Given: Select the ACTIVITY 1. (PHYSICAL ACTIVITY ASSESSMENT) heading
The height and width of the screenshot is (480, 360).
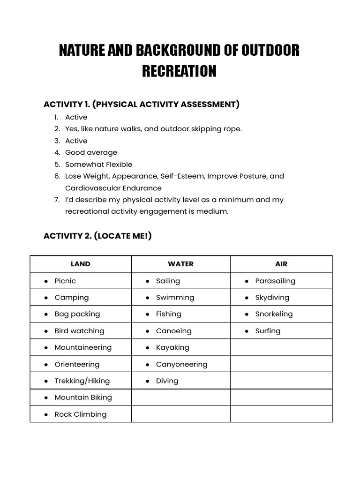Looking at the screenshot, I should pos(141,104).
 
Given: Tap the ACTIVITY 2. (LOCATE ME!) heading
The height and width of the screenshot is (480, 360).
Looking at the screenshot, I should pos(97,236).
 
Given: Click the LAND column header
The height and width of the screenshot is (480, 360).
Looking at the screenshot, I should pos(80,264).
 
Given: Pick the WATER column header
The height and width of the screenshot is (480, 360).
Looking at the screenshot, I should pos(180,264).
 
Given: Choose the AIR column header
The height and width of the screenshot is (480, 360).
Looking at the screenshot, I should pos(281,264).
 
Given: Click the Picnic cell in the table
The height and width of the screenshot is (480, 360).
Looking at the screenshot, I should pos(65,281).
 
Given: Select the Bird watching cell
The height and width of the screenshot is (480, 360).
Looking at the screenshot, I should pos(79,330).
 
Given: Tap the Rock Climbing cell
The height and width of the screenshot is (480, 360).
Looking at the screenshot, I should pos(80,414).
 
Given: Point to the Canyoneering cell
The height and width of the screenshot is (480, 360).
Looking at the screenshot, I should pos(181,364).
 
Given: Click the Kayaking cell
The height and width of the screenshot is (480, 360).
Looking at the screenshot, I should pos(172,347).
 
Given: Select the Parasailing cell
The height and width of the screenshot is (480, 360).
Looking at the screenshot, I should pos(275,281).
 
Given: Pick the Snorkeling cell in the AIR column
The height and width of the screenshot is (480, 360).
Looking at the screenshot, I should pos(274,314).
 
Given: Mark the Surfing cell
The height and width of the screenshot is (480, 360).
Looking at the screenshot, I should pos(268,330).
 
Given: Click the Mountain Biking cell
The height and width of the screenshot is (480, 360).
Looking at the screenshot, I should pos(83,397).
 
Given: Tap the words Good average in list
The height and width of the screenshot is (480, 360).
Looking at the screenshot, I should pos(91,152).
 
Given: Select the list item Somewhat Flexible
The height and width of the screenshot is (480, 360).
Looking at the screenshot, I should pos(98,165).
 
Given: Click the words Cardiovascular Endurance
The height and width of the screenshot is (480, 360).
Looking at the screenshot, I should pos(113,188).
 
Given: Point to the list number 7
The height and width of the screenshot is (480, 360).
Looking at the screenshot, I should pos(56,200).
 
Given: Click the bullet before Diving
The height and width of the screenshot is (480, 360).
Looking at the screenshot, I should pos(147,381).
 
